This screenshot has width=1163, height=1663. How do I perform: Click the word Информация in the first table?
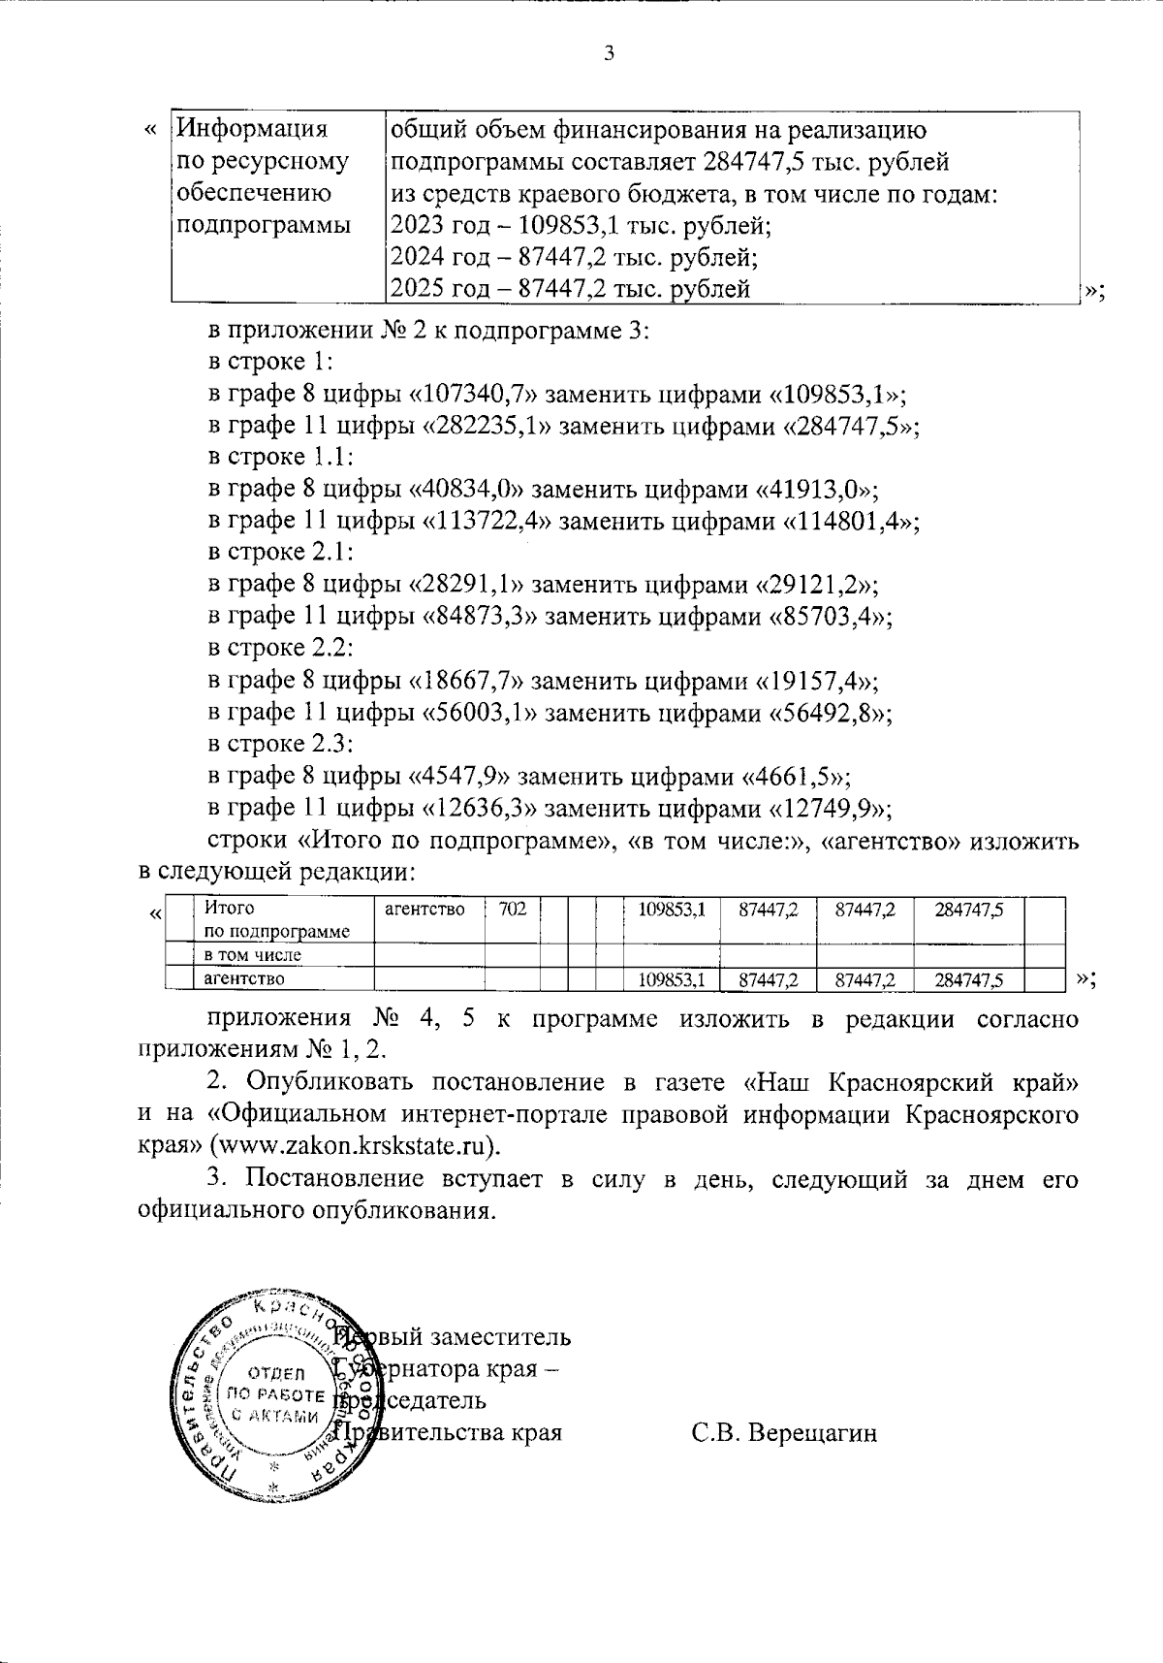(254, 129)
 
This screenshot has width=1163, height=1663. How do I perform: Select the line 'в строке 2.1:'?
(280, 553)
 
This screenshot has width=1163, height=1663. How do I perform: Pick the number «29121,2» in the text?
(817, 586)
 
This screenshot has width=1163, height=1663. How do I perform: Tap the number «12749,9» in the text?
(831, 809)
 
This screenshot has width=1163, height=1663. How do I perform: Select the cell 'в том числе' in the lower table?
(252, 955)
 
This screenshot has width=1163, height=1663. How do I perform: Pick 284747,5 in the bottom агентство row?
(968, 980)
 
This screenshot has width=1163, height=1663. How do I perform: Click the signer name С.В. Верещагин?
(784, 1433)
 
